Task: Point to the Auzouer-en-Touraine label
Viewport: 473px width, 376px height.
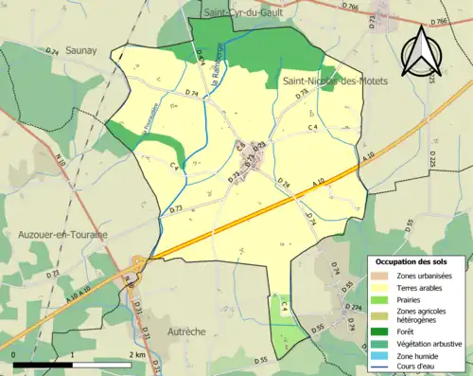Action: [x=62, y=233]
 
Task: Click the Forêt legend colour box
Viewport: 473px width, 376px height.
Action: [x=380, y=331]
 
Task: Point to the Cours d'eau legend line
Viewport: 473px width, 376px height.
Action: [x=380, y=367]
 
